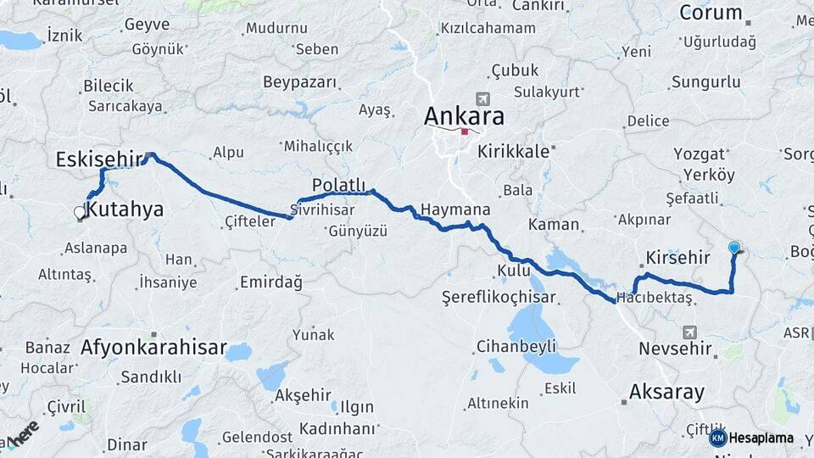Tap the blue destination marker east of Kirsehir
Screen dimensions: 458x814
pyautogui.click(x=734, y=248)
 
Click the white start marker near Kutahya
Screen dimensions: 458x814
pyautogui.click(x=81, y=213)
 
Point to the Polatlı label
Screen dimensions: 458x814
pyautogui.click(x=338, y=185)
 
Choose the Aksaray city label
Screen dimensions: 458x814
pyautogui.click(x=666, y=392)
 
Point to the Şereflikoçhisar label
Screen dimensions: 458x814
pyautogui.click(x=499, y=297)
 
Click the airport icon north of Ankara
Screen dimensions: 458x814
pyautogui.click(x=483, y=100)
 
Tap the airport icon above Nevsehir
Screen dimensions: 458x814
pyautogui.click(x=689, y=332)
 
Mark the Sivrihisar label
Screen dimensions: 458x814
pyautogui.click(x=321, y=209)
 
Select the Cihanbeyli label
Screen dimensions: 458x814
pyautogui.click(x=516, y=346)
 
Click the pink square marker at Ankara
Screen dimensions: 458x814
pyautogui.click(x=465, y=131)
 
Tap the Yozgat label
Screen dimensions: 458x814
pyautogui.click(x=700, y=154)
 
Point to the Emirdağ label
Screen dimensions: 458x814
pyautogui.click(x=270, y=282)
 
